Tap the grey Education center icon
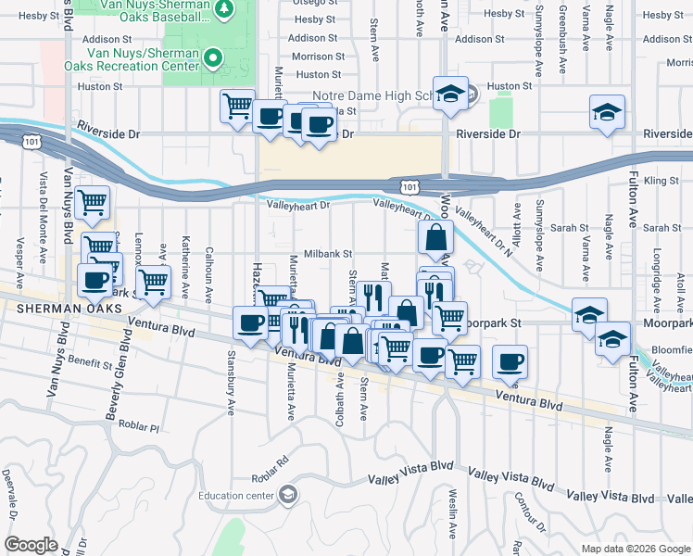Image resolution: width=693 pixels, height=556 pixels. coord(288,495)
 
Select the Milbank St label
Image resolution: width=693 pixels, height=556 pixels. coord(328,253)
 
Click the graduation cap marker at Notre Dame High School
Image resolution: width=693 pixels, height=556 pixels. coord(450,95)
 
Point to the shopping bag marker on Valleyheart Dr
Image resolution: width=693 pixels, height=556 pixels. coord(435,238)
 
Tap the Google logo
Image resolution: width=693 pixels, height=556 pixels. coord(31,545)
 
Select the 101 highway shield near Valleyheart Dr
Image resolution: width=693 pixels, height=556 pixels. coord(407,187)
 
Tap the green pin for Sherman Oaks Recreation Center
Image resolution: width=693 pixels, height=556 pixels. coord(213,58)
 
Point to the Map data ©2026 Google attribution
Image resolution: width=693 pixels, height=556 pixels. coord(635,549)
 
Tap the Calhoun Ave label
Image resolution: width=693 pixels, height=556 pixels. coord(209,271)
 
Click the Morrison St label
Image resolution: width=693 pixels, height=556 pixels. coord(318,57)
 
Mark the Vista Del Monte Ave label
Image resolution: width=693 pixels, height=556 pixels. coord(43,205)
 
